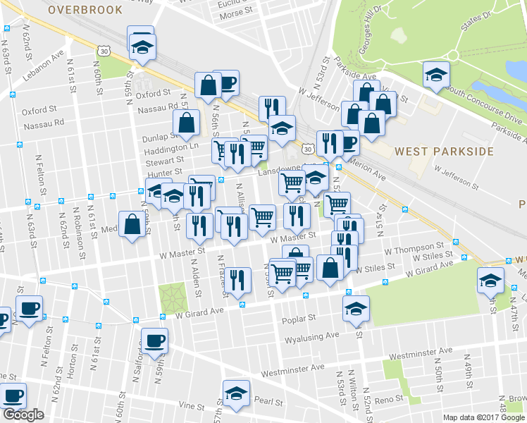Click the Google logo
click(x=23, y=415)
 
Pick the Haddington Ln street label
click(x=171, y=151)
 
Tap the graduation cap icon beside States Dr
click(x=436, y=74)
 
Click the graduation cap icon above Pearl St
click(x=236, y=393)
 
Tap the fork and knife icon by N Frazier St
click(x=240, y=281)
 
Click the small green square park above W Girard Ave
click(x=170, y=295)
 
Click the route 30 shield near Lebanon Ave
click(x=104, y=51)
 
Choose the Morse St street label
click(x=235, y=13)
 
